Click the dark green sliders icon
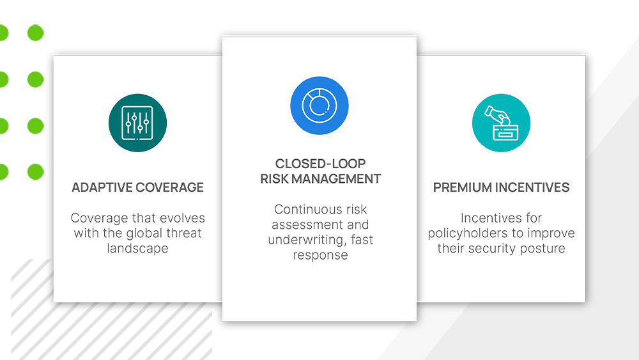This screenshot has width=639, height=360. pos(137,123)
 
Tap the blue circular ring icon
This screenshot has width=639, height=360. pos(319,106)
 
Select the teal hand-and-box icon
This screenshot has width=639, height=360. pos(501,123)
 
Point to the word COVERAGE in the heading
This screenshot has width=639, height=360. pos(170,187)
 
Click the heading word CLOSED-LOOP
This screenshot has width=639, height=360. pos(320,164)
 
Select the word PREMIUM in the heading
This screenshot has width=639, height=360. pos(462,187)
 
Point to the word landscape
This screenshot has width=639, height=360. pos(137,248)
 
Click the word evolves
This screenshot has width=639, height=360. pos(184,218)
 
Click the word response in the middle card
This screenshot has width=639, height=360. pos(320,255)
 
